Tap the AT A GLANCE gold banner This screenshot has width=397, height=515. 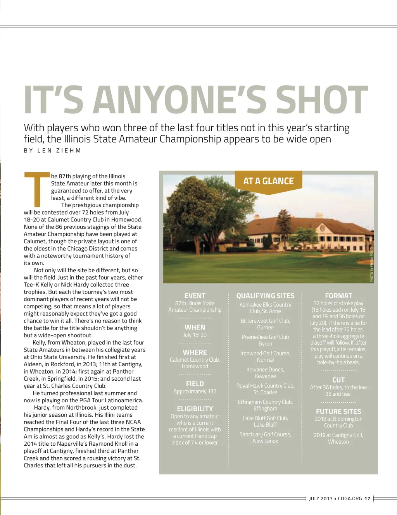[x=268, y=181]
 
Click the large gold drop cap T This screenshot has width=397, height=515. [x=37, y=189]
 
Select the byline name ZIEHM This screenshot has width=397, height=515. [x=69, y=151]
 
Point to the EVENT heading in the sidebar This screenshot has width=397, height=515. [x=195, y=296]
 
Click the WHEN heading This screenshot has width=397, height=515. [x=195, y=327]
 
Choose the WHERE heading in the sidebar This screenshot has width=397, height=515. [x=195, y=352]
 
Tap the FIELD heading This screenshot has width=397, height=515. [x=195, y=384]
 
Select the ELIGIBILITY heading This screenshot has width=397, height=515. [x=195, y=409]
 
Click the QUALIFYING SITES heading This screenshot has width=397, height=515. [x=265, y=296]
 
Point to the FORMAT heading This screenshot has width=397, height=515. [x=338, y=296]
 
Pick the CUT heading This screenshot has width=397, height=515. [x=338, y=380]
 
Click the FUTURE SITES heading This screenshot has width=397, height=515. [x=338, y=412]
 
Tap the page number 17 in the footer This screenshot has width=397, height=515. [x=367, y=499]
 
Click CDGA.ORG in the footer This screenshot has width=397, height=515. [x=350, y=499]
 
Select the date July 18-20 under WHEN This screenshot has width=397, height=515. [x=195, y=335]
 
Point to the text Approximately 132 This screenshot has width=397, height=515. [x=195, y=391]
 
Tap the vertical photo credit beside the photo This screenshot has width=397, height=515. [x=371, y=263]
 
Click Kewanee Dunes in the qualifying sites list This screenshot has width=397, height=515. [x=265, y=369]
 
